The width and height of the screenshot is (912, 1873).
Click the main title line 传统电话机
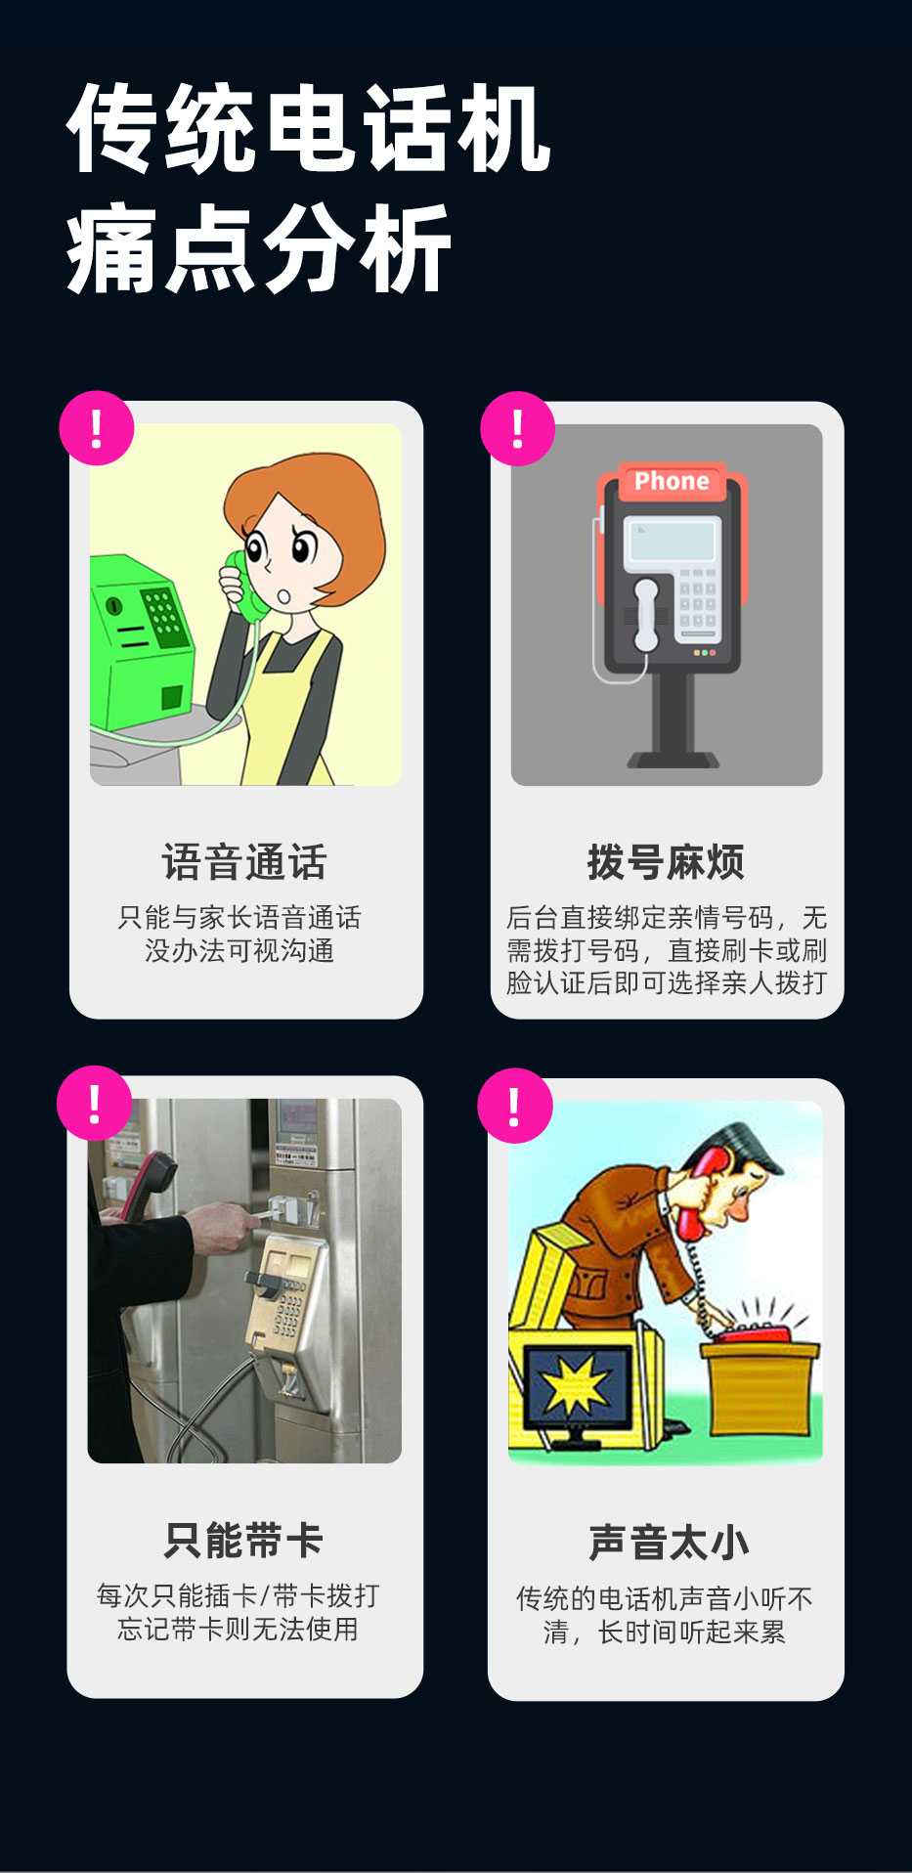tap(309, 129)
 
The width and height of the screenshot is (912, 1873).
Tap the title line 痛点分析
tap(258, 249)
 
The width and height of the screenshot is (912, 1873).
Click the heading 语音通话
tap(244, 862)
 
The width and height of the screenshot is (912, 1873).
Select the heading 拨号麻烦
tap(666, 862)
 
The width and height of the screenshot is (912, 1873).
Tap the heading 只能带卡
tap(244, 1541)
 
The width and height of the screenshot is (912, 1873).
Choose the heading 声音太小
tap(669, 1543)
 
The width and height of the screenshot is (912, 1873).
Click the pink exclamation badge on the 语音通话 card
tap(96, 428)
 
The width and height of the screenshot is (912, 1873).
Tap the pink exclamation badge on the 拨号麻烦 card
tap(518, 428)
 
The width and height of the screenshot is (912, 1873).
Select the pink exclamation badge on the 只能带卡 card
tap(94, 1103)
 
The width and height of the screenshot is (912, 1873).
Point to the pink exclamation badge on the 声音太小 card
tap(515, 1106)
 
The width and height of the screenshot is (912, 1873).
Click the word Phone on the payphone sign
tap(671, 481)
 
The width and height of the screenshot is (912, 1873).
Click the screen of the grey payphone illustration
tap(672, 541)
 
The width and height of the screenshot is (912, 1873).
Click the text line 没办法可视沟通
tap(239, 950)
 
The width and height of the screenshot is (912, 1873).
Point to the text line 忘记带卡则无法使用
tap(238, 1629)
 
